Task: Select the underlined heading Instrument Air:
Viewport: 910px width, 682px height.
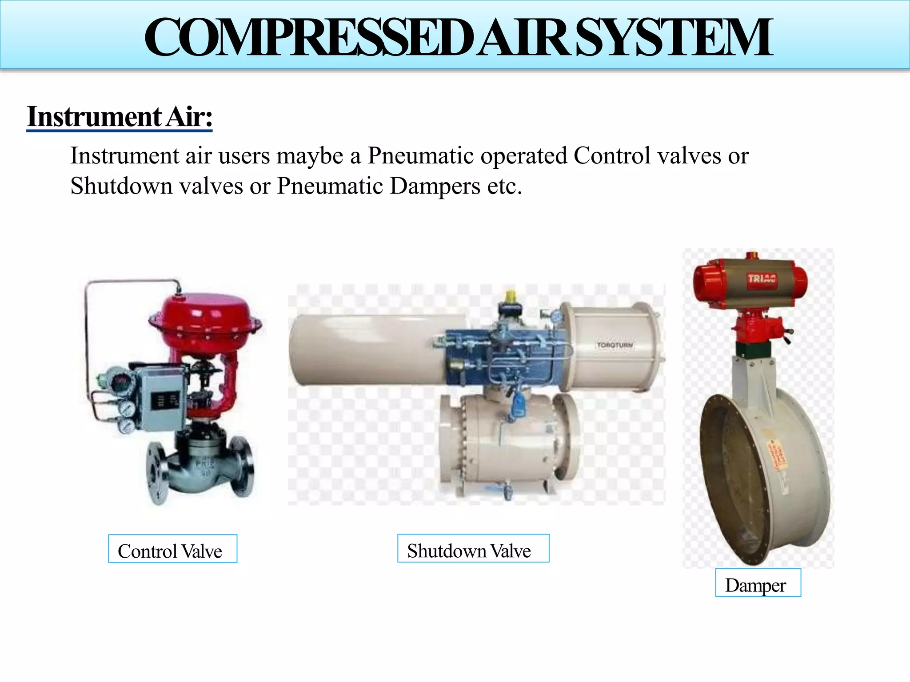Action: tap(120, 117)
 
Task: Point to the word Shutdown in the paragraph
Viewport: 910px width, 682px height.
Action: tap(121, 186)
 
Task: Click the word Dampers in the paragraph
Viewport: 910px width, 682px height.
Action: tap(435, 186)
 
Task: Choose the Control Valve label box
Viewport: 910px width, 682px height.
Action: tap(172, 549)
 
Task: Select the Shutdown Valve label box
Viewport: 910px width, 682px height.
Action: tap(473, 548)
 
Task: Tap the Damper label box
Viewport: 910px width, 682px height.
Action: tap(758, 583)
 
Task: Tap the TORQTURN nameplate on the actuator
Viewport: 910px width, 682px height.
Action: tap(615, 345)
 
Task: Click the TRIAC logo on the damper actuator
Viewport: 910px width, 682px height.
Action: tap(762, 279)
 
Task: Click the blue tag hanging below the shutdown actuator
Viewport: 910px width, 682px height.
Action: tap(518, 404)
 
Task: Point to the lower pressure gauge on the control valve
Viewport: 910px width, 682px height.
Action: tap(126, 425)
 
